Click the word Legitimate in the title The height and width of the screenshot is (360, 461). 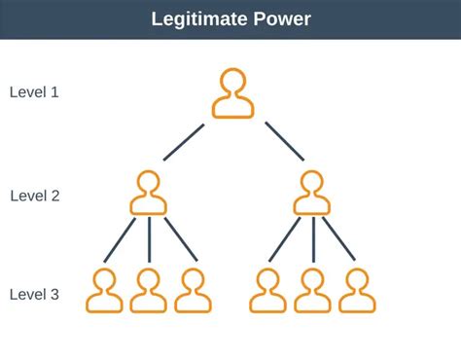[200, 19]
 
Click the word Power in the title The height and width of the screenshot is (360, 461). [282, 19]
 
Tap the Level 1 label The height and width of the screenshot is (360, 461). [35, 92]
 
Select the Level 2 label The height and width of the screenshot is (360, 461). [35, 196]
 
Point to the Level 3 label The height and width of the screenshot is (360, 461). [35, 294]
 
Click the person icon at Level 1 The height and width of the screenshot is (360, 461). [232, 93]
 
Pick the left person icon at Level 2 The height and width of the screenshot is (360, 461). [148, 193]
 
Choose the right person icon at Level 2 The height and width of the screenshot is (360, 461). [312, 193]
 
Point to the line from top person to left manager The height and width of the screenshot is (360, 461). [184, 141]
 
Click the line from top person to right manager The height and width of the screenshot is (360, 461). [285, 141]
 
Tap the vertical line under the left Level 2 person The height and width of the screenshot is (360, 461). [149, 239]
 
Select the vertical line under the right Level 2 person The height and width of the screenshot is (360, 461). [312, 239]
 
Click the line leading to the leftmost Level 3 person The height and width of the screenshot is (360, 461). [120, 239]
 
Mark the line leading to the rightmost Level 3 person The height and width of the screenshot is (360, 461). [339, 239]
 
